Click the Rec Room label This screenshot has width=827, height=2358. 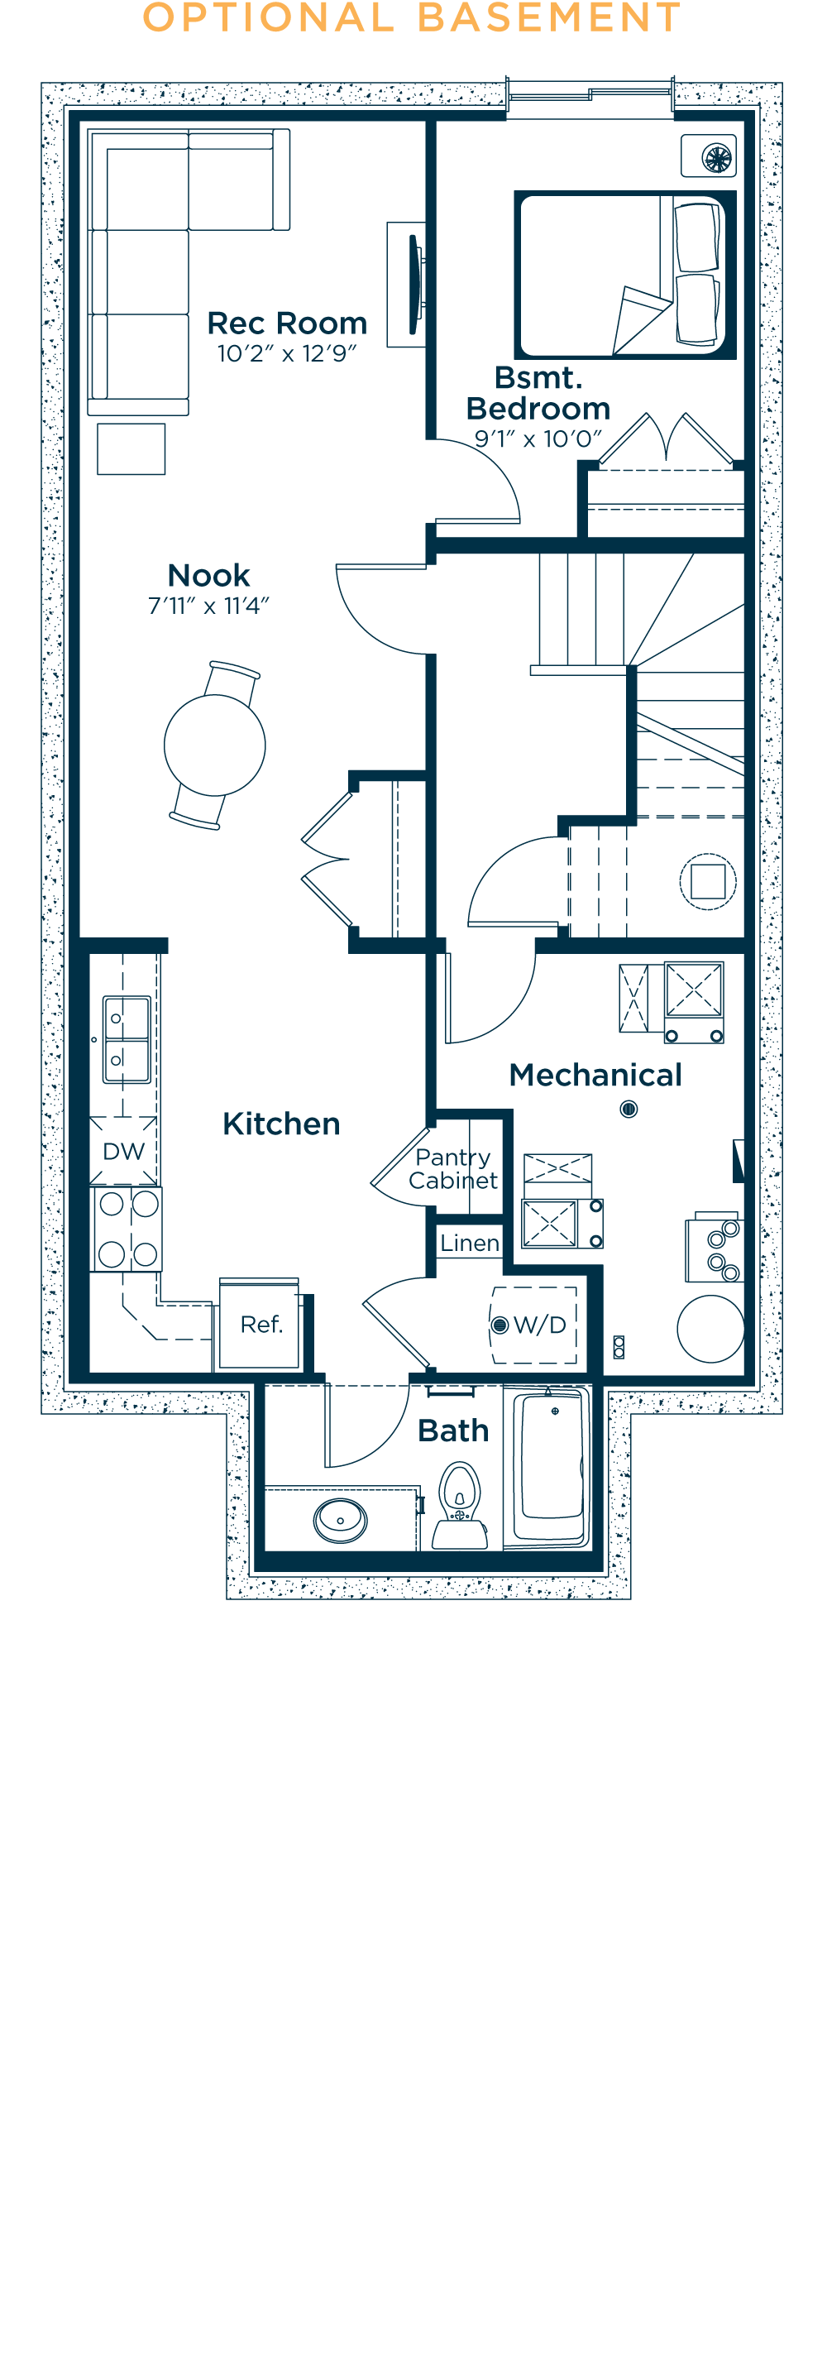287,324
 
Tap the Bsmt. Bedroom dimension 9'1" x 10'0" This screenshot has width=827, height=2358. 538,439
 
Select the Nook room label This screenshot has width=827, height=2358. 208,575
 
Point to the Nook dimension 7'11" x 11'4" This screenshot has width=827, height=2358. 208,606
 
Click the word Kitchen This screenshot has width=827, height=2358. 282,1124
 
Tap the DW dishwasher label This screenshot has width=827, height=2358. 123,1152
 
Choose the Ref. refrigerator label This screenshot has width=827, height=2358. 261,1325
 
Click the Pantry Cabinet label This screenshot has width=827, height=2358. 453,1169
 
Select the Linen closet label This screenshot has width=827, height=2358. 469,1243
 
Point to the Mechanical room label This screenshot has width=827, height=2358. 595,1075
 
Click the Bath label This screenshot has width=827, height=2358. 454,1431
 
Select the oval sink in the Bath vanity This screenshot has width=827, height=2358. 341,1521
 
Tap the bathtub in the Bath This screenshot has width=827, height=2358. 549,1468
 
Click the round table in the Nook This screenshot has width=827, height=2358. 215,745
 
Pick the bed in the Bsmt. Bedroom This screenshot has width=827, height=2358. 625,275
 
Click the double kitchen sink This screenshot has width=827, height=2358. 127,1040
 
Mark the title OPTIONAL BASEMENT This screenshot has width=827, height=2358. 413,18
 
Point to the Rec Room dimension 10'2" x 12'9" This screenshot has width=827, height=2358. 286,354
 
